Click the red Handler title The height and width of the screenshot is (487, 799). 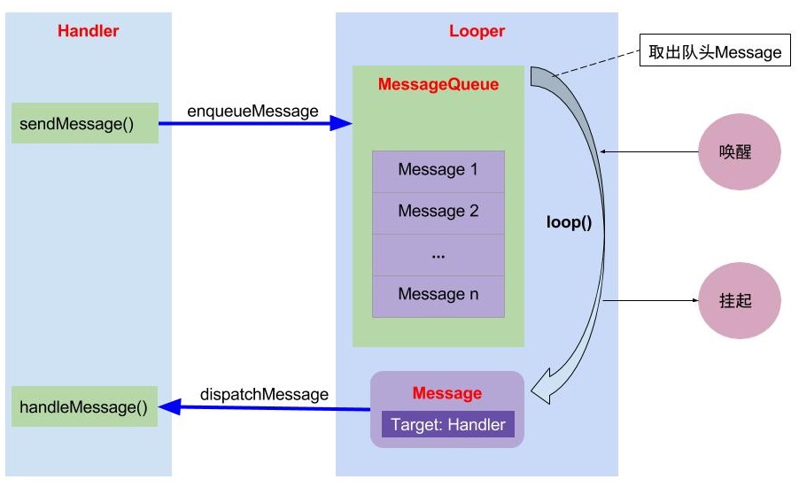88,31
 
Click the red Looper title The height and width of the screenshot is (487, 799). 477,31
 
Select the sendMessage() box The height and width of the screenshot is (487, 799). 84,123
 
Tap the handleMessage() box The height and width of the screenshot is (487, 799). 84,406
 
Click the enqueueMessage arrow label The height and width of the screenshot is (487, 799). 252,111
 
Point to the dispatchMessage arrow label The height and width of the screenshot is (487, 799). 264,394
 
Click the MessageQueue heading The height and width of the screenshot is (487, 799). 438,85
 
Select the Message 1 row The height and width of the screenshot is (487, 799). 438,170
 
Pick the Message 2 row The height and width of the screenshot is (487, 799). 438,212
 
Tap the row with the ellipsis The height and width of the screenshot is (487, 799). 438,254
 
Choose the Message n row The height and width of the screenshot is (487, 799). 438,295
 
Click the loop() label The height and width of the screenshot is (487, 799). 568,222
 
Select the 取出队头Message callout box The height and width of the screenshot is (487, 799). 715,52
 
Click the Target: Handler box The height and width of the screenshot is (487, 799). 447,424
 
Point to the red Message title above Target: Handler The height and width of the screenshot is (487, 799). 447,393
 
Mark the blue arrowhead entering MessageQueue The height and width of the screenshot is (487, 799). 342,124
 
